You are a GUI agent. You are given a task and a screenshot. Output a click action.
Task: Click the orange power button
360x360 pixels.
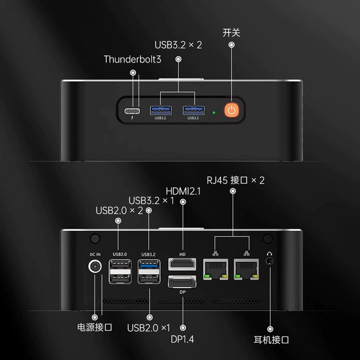point(232,110)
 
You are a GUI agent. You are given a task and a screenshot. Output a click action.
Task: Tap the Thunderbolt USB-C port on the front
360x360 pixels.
point(132,111)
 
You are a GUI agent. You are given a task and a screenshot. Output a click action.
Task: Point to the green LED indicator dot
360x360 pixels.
point(214,113)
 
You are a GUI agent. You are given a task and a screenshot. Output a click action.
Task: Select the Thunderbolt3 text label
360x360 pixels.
point(133,59)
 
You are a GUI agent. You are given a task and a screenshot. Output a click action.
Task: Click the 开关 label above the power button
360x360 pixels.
point(232,32)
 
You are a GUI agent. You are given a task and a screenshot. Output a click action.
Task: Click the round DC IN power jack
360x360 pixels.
point(95,266)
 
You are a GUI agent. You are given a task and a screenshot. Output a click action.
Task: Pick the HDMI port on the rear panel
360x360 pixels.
point(182,264)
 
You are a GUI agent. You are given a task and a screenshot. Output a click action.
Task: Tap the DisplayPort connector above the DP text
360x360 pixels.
point(182,282)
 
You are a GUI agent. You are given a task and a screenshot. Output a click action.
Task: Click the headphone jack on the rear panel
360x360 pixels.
point(269,261)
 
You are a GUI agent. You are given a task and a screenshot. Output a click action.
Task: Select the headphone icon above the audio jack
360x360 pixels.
point(269,254)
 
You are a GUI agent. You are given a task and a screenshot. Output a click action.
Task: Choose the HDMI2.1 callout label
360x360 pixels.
point(183,191)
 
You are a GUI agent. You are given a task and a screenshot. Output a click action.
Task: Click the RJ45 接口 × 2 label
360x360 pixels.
point(236,180)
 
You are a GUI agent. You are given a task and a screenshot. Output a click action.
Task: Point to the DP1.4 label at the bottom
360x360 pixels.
point(182,340)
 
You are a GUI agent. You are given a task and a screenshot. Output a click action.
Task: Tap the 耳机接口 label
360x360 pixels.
point(271,340)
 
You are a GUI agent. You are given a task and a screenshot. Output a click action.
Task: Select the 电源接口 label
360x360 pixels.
point(95,327)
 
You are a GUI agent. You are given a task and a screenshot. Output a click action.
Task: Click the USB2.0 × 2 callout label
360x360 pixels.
point(119,211)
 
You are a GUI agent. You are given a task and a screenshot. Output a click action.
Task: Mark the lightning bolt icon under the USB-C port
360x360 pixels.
point(132,118)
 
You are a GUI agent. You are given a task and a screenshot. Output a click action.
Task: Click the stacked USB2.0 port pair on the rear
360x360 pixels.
point(120,272)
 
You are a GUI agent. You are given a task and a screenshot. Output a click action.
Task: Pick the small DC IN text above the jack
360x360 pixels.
point(95,254)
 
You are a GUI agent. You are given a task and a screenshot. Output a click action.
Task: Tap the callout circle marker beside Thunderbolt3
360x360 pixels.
point(133,73)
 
